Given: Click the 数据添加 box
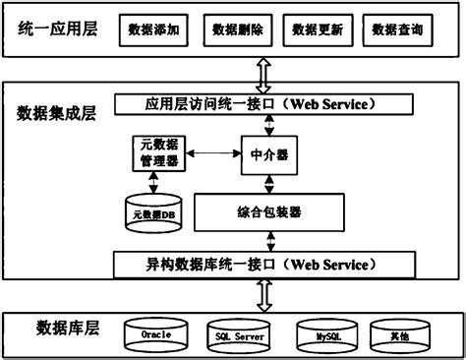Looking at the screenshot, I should tap(153, 31).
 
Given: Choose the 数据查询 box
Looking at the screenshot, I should tap(397, 31).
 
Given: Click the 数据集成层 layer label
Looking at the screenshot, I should tap(55, 109).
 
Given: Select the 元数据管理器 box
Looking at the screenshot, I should tap(154, 153).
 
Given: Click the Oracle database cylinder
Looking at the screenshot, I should tap(156, 335).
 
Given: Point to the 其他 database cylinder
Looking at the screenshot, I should tap(399, 335).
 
